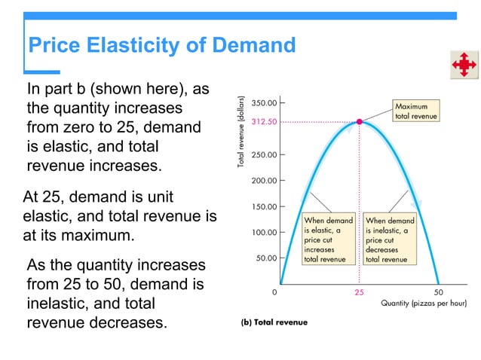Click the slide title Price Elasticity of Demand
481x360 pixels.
[x=161, y=46]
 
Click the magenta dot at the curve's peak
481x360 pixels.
[x=360, y=121]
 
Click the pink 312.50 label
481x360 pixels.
[x=264, y=121]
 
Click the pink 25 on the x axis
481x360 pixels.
[x=360, y=292]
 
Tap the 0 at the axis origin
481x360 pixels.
[x=274, y=292]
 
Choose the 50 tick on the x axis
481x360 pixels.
[x=440, y=292]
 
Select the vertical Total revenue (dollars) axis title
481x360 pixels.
[x=242, y=132]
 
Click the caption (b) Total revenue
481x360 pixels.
[x=274, y=322]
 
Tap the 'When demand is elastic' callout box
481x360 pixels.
[x=328, y=239]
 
